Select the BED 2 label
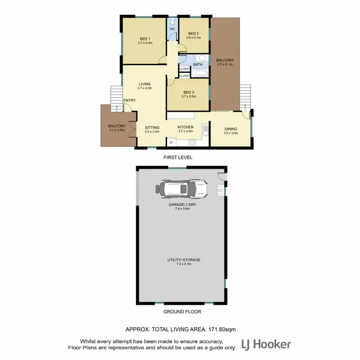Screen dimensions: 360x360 pyautogui.click(x=193, y=33)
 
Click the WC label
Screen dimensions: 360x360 pyautogui.click(x=172, y=29)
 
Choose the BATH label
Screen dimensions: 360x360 pyautogui.click(x=198, y=64)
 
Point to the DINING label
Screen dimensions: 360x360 pyautogui.click(x=231, y=129)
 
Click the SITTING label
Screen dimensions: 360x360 pyautogui.click(x=152, y=128)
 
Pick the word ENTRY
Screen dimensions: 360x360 pyautogui.click(x=130, y=100)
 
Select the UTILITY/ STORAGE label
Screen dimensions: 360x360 pyautogui.click(x=184, y=260)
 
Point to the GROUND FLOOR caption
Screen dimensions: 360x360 pyautogui.click(x=182, y=312)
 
